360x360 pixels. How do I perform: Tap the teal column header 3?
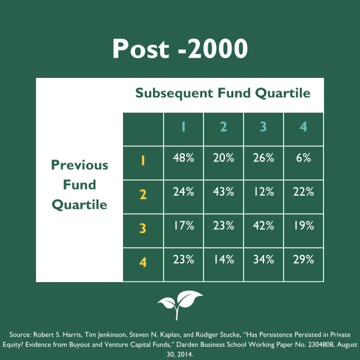pyautogui.click(x=263, y=127)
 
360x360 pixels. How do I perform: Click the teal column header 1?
pyautogui.click(x=183, y=127)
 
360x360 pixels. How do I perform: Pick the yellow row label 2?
pyautogui.click(x=143, y=194)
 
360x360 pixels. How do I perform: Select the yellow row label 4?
pyautogui.click(x=143, y=262)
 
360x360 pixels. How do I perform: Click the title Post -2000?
pyautogui.click(x=180, y=49)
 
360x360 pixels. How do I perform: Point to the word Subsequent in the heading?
pyautogui.click(x=174, y=93)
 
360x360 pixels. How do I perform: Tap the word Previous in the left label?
pyautogui.click(x=79, y=165)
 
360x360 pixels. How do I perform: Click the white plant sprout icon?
pyautogui.click(x=180, y=305)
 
